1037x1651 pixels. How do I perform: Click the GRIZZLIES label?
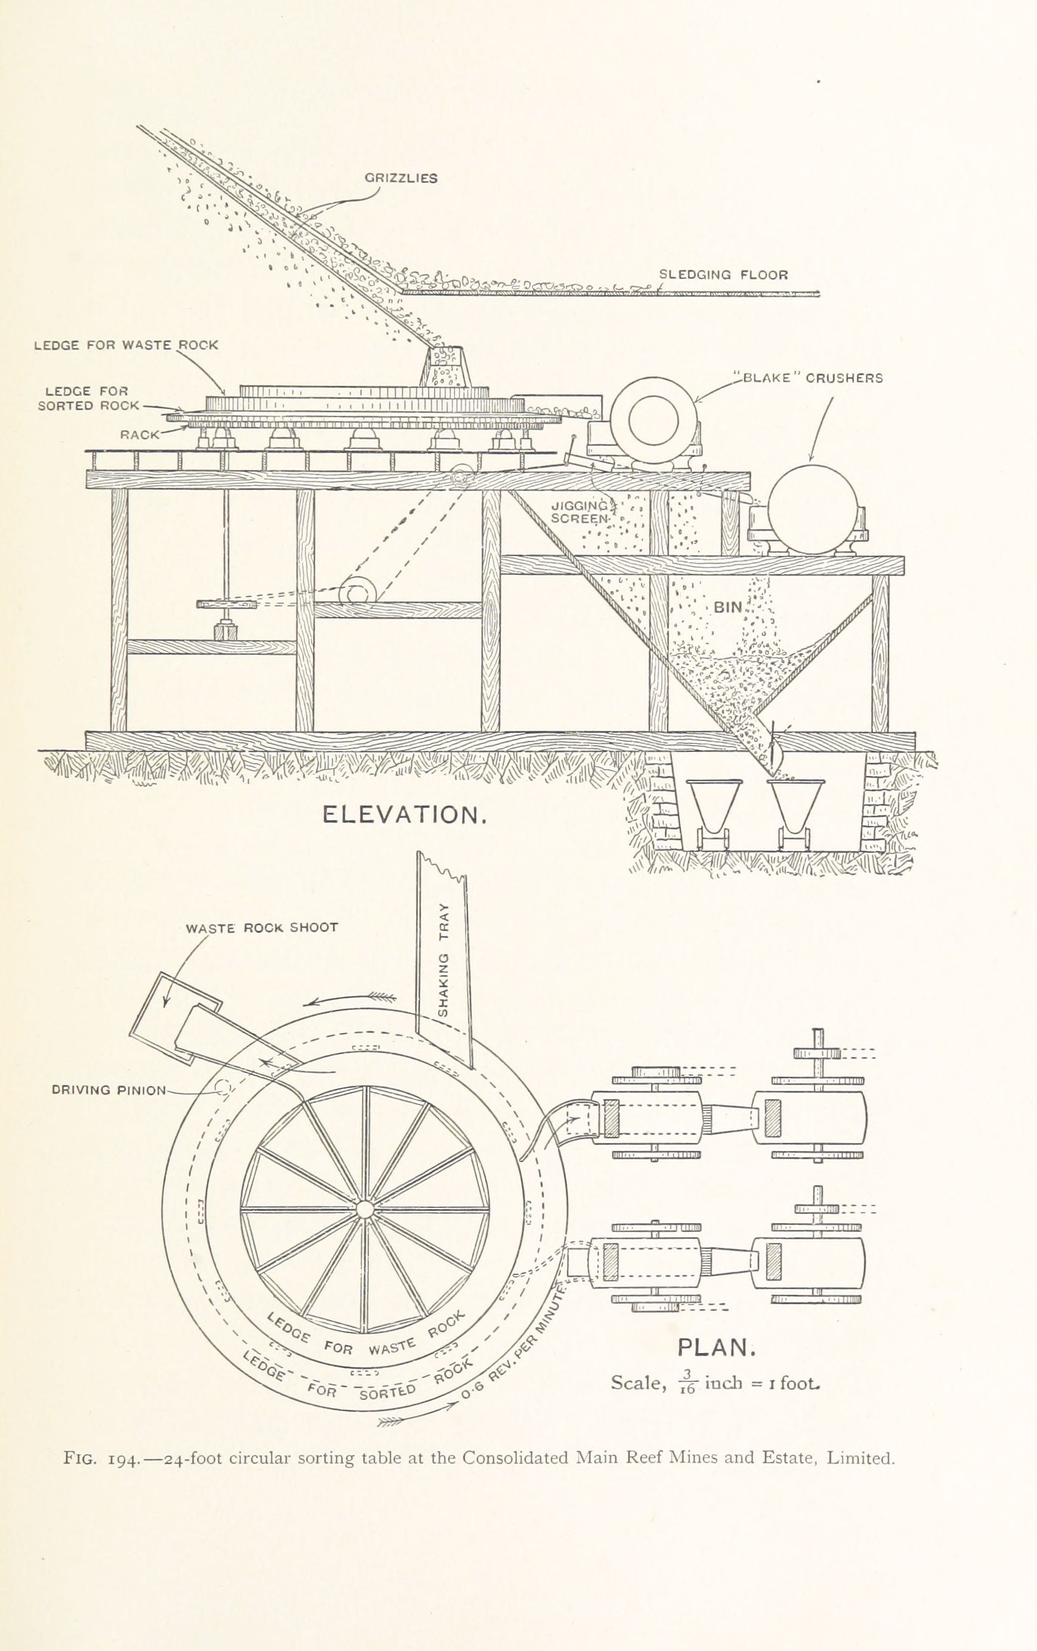(400, 178)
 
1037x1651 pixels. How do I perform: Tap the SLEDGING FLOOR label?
(724, 275)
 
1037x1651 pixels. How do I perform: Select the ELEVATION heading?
(405, 815)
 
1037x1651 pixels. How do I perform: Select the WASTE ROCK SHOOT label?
(262, 928)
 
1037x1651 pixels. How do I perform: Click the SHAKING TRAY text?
(443, 960)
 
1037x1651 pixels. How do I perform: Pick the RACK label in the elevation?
(140, 435)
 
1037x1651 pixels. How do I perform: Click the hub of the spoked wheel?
(365, 1209)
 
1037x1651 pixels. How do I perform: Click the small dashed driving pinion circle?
(222, 1088)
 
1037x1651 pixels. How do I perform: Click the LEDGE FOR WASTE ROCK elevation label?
(125, 345)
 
